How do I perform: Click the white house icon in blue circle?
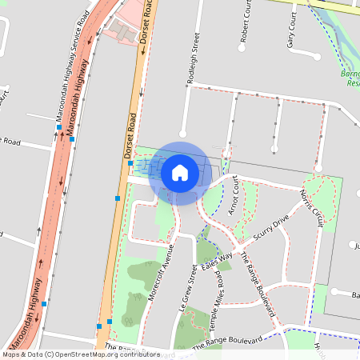(180, 172)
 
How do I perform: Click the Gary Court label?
(291, 30)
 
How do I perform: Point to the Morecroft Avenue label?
(162, 270)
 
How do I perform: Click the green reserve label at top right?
(350, 78)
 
